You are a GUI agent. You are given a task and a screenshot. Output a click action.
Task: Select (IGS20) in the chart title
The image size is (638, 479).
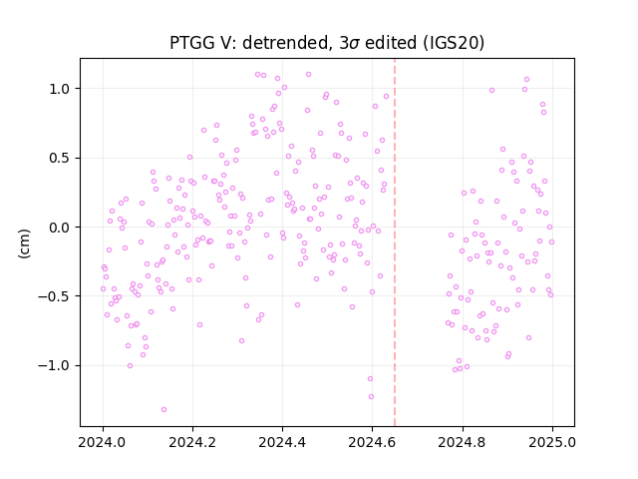tap(454, 43)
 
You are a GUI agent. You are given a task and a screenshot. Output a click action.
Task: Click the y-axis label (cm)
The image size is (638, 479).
tap(24, 243)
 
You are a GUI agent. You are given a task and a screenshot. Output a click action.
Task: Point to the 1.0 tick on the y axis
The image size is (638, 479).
tap(61, 89)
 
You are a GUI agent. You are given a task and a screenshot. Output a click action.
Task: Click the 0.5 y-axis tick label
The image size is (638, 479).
tap(61, 158)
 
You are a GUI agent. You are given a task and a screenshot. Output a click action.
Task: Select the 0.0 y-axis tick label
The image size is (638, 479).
tap(61, 228)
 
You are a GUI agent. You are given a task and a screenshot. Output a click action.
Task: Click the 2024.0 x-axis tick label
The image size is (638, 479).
tap(103, 442)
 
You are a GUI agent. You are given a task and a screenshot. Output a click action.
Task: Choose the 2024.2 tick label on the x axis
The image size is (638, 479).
tap(192, 442)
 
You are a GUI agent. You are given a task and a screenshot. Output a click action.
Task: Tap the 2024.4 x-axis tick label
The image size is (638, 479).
tap(282, 442)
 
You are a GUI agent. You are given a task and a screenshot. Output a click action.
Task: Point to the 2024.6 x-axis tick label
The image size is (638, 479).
tap(372, 442)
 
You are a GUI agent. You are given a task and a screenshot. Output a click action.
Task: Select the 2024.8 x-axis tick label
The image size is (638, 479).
tap(463, 442)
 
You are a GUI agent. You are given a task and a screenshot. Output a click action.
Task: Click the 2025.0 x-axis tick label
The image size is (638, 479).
tap(552, 442)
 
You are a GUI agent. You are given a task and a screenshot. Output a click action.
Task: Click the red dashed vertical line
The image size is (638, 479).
tap(395, 242)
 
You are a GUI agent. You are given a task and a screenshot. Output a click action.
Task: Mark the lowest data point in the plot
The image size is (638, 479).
tap(163, 410)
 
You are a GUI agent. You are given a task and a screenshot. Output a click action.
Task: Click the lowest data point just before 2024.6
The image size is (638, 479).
tap(371, 397)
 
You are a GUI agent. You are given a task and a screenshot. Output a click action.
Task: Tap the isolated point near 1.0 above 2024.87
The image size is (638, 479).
tap(491, 91)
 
